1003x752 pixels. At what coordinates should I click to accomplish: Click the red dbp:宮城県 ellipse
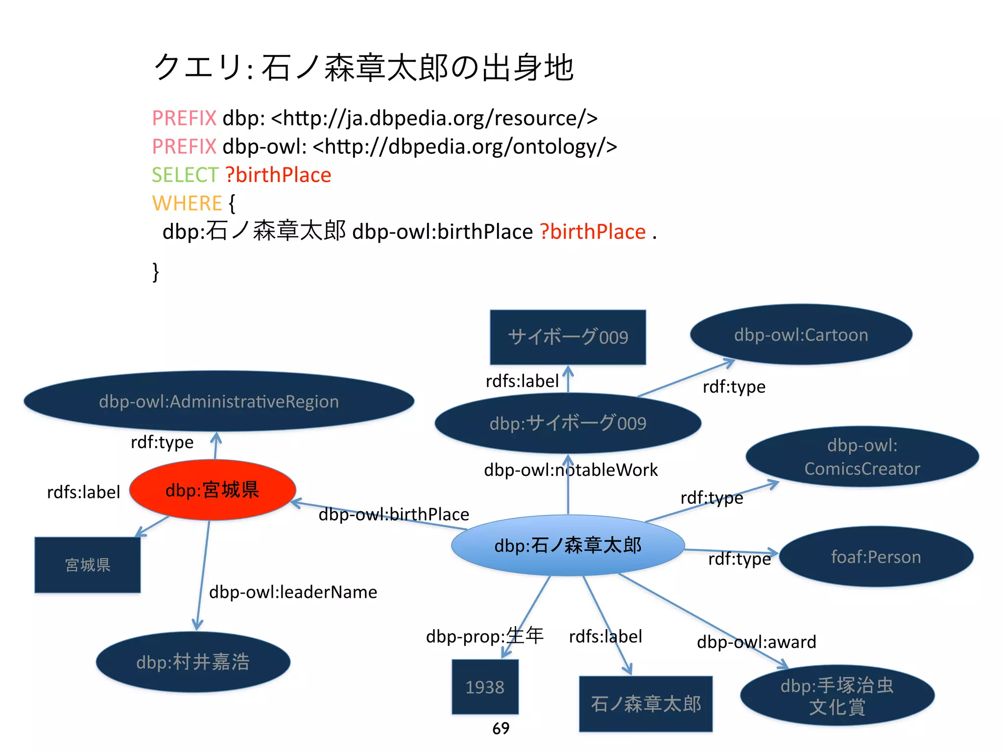pos(213,490)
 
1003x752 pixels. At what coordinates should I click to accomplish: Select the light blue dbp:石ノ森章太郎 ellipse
pos(568,545)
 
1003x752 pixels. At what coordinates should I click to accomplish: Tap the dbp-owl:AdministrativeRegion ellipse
pos(219,401)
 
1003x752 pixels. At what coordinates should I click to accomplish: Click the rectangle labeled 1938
pos(485,686)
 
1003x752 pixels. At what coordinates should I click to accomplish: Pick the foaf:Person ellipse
pos(876,557)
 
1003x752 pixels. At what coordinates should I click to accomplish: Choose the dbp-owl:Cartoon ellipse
pos(801,335)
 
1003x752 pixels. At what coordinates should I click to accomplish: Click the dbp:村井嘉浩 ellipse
pos(193,662)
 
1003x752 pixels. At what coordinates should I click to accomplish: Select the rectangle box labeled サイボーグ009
pos(568,337)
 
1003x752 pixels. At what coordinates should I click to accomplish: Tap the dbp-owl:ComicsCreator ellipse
pos(862,456)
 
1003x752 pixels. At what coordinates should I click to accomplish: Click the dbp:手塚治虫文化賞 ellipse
pos(837,696)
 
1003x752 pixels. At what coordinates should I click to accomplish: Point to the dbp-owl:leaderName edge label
pos(293,592)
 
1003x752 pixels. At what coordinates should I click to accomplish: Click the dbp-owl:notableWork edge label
pos(571,470)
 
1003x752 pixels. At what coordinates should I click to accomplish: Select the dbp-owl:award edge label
pos(756,641)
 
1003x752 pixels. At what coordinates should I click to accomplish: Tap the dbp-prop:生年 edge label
pos(484,635)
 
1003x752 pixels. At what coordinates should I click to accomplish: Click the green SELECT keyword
pos(184,175)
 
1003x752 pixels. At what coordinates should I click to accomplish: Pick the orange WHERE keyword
pos(187,203)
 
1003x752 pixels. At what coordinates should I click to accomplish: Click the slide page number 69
pos(501,728)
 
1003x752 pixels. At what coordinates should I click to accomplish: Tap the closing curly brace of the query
pos(156,272)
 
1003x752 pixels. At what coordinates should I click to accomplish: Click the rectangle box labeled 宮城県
pos(88,564)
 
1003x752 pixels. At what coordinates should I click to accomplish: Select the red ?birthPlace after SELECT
pos(278,175)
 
